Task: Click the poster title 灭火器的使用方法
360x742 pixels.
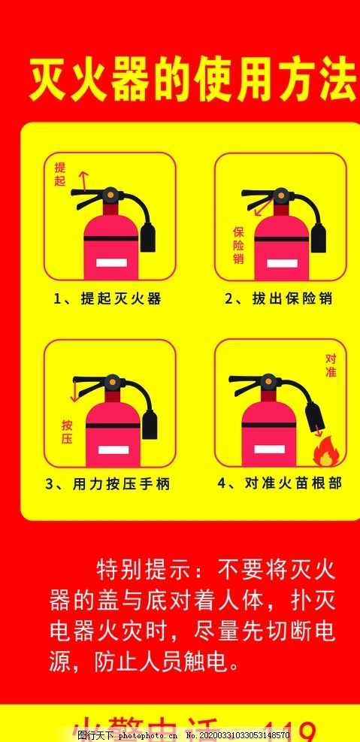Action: pyautogui.click(x=192, y=82)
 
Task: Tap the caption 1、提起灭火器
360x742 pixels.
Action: pyautogui.click(x=107, y=298)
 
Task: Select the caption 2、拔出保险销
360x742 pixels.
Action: pyautogui.click(x=279, y=298)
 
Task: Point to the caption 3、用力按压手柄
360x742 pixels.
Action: pyautogui.click(x=107, y=484)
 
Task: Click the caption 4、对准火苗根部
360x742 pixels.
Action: pyautogui.click(x=279, y=483)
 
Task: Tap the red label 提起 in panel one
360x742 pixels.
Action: pyautogui.click(x=60, y=174)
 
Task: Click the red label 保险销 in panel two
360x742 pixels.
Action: pyautogui.click(x=238, y=245)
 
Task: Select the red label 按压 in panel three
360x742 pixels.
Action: pyautogui.click(x=66, y=432)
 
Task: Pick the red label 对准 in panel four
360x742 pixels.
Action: pyautogui.click(x=331, y=365)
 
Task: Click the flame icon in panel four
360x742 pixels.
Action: pyautogui.click(x=325, y=453)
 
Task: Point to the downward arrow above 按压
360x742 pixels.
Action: pyautogui.click(x=75, y=391)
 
